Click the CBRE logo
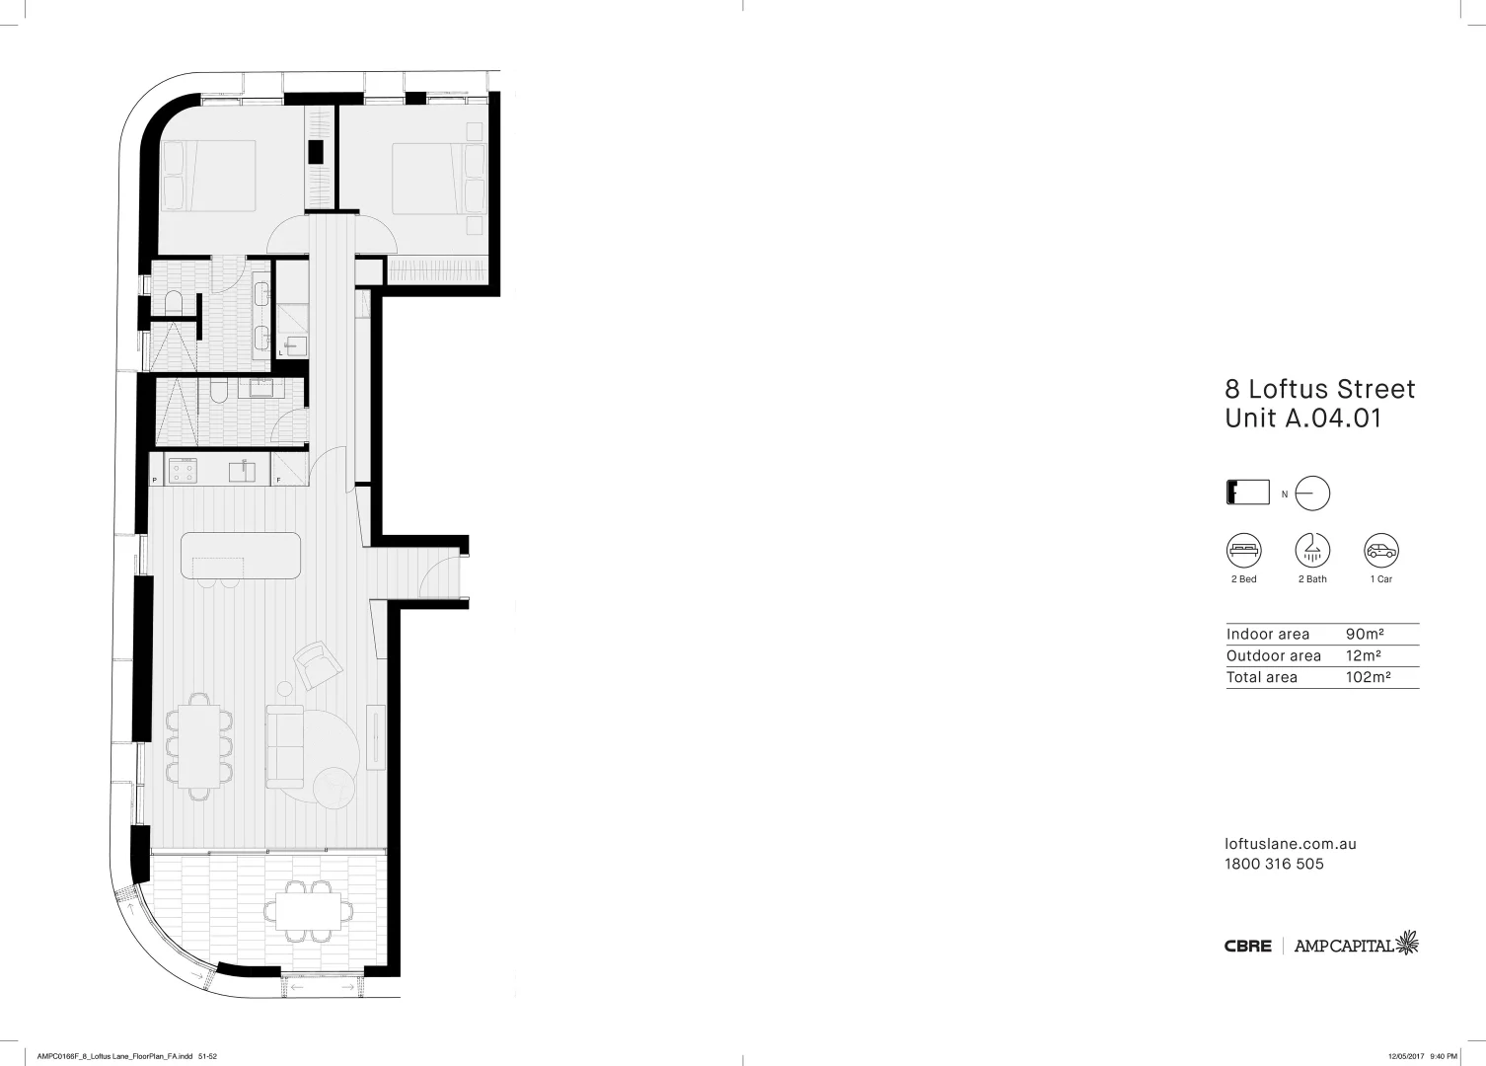pos(1247,946)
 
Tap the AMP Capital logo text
pos(1344,946)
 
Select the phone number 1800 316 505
pos(1274,864)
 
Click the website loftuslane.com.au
pos(1290,844)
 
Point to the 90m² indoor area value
pos(1364,635)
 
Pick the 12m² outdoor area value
pos(1363,656)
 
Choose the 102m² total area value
pos(1368,677)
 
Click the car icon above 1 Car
pos(1380,551)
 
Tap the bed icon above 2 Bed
pos(1243,551)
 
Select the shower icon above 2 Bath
pos(1312,551)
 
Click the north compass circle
pos(1313,494)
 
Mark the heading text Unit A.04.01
pos(1302,418)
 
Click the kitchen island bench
pos(241,557)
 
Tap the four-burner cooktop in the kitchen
pos(182,471)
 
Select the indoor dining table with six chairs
pos(199,746)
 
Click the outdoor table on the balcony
pos(309,909)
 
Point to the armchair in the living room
pos(316,665)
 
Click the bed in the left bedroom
pos(209,175)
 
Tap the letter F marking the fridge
pos(278,481)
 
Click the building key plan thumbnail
pos(1247,493)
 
